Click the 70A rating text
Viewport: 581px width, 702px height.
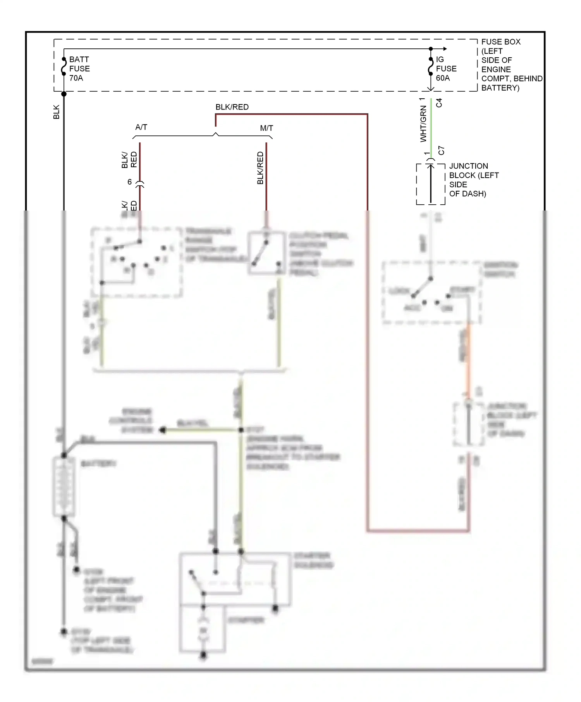click(x=76, y=78)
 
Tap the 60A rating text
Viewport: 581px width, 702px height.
click(x=443, y=78)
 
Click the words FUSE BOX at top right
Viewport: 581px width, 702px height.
click(x=500, y=42)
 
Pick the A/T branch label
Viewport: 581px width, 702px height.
click(x=141, y=127)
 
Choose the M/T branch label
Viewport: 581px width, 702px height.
click(x=266, y=128)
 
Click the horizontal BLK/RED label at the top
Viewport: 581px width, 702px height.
click(x=232, y=107)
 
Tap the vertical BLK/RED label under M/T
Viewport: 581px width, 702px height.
click(x=260, y=168)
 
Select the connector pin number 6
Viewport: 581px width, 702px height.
click(x=130, y=182)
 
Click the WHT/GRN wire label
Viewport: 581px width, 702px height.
click(x=423, y=124)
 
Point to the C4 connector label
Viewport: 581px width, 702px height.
click(x=439, y=103)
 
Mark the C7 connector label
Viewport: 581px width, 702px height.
click(x=441, y=151)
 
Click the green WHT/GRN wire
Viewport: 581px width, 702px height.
click(x=431, y=128)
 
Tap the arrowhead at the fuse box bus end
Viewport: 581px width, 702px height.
click(x=445, y=49)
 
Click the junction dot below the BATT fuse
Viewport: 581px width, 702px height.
click(x=64, y=94)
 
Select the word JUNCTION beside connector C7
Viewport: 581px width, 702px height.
click(x=468, y=166)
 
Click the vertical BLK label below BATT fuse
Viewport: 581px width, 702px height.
click(x=57, y=112)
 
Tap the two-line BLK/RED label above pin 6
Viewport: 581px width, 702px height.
click(x=129, y=160)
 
